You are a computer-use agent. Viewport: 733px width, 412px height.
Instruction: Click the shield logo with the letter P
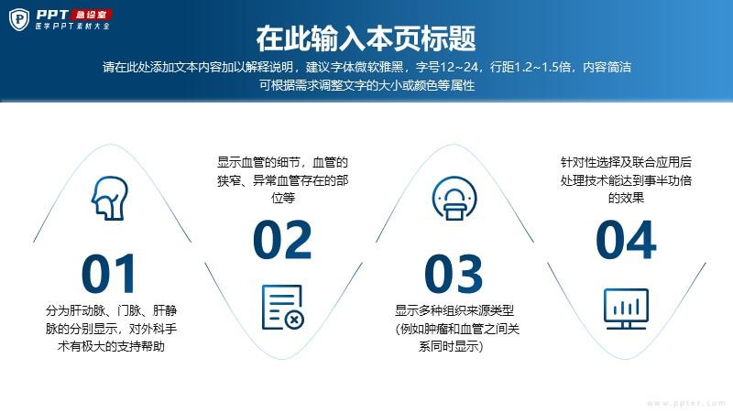[x=19, y=19]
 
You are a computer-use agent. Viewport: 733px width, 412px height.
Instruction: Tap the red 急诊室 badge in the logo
[x=91, y=15]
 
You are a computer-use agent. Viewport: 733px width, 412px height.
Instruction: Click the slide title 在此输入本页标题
[x=366, y=38]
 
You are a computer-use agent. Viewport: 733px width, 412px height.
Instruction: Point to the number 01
[x=109, y=273]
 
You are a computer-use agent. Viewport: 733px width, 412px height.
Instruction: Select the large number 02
[x=282, y=240]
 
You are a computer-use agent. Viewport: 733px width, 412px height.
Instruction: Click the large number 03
[x=454, y=273]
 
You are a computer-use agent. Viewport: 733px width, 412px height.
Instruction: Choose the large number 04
[x=626, y=240]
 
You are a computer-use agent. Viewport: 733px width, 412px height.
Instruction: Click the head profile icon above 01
[x=109, y=198]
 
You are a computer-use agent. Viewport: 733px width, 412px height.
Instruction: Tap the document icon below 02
[x=283, y=308]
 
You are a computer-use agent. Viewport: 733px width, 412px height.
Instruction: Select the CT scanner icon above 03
[x=454, y=198]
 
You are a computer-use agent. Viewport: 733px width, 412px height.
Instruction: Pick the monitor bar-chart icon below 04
[x=626, y=309]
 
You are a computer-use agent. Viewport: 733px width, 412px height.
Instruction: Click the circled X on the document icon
[x=294, y=320]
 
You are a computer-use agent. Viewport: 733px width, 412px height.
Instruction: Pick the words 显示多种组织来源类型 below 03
[x=454, y=310]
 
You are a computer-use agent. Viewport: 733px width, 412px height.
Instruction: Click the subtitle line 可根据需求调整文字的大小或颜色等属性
[x=367, y=85]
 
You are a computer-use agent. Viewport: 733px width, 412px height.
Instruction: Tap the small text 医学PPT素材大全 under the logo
[x=72, y=27]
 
